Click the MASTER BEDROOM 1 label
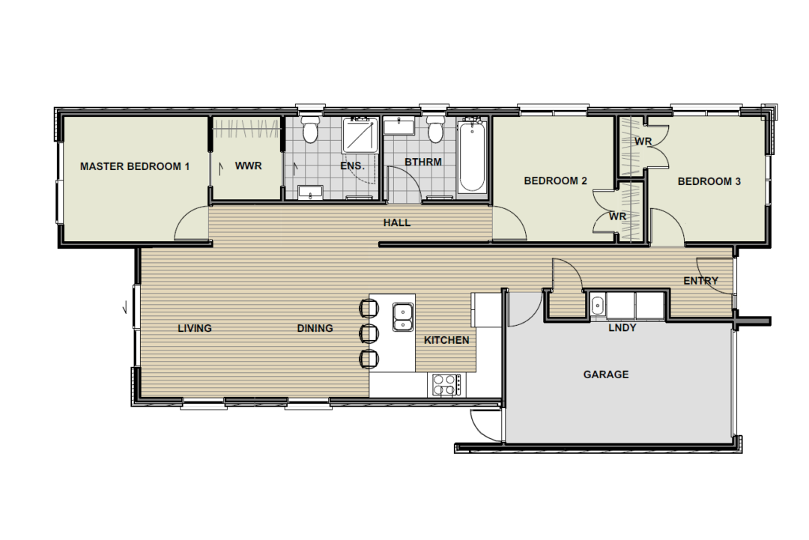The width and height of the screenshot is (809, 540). click(135, 166)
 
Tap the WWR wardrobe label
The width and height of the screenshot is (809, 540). click(248, 166)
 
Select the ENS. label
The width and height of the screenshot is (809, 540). click(352, 166)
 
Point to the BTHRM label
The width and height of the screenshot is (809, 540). click(423, 162)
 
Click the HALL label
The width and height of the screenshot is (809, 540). click(397, 222)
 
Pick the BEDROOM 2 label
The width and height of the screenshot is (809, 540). click(555, 181)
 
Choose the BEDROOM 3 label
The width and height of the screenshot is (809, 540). click(709, 181)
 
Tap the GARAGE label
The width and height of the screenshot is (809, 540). click(606, 374)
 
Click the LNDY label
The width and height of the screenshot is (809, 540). click(622, 327)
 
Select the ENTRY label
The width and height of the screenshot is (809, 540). click(700, 281)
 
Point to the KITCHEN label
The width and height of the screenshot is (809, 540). click(446, 340)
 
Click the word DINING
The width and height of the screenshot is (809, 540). click(315, 328)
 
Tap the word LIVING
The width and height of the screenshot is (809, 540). click(195, 328)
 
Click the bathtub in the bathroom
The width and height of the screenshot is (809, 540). click(472, 157)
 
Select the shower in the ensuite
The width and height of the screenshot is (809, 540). click(361, 135)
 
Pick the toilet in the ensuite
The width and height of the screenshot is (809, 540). click(310, 130)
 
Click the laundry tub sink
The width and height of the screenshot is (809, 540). click(597, 306)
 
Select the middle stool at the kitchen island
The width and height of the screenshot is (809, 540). click(369, 334)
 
